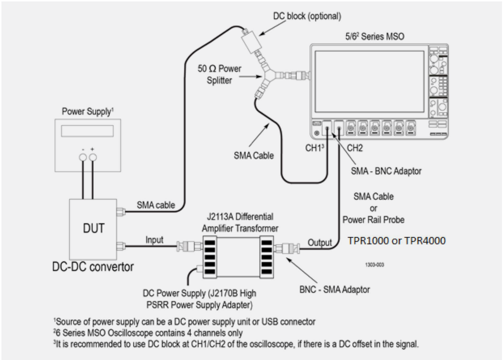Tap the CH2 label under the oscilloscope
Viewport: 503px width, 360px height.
(x=355, y=147)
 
